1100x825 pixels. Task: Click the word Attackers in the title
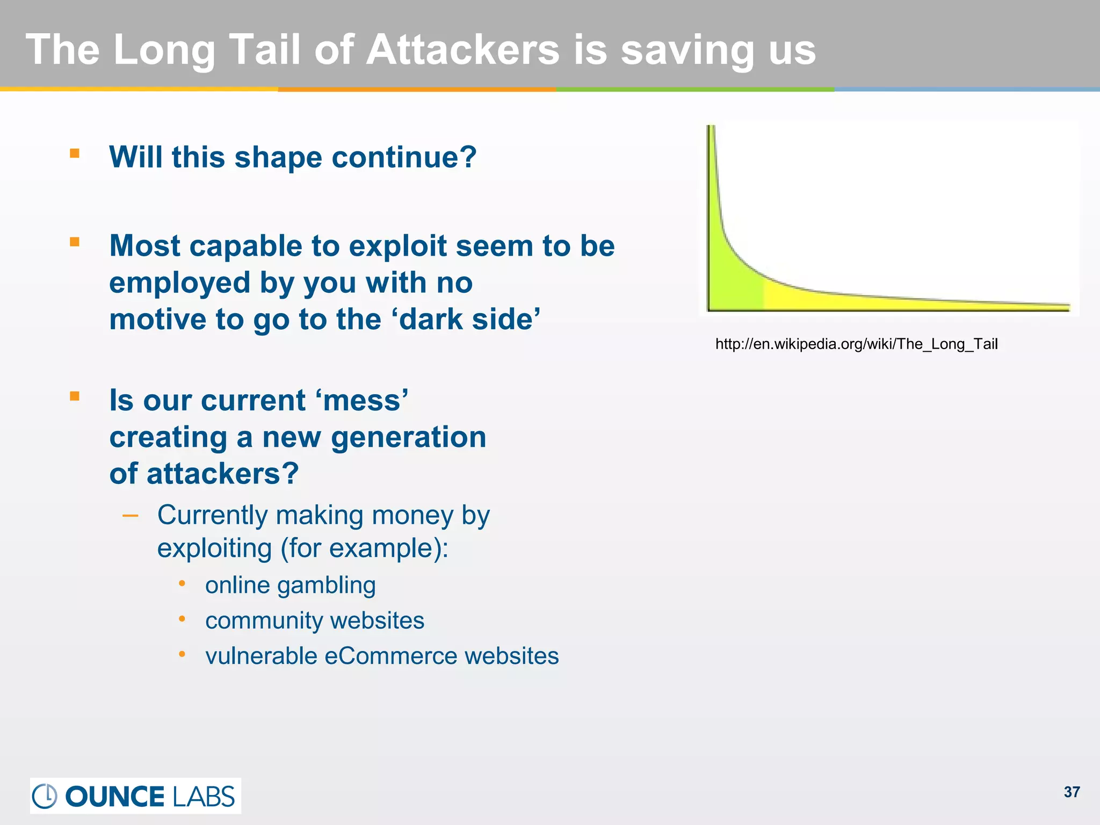[462, 49]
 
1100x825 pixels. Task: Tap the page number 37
[1072, 792]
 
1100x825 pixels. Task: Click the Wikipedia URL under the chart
[856, 344]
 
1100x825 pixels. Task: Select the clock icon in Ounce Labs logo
[45, 796]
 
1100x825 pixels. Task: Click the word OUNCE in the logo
[114, 797]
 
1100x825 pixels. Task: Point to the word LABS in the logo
[204, 797]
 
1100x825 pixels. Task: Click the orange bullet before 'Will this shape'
[75, 154]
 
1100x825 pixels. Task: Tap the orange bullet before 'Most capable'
[75, 242]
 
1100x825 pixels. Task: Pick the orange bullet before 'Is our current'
[75, 396]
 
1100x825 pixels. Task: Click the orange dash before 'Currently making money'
[131, 516]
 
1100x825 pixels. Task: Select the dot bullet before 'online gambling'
[182, 583]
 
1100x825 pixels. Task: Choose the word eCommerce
[390, 656]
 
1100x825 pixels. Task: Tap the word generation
[409, 437]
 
